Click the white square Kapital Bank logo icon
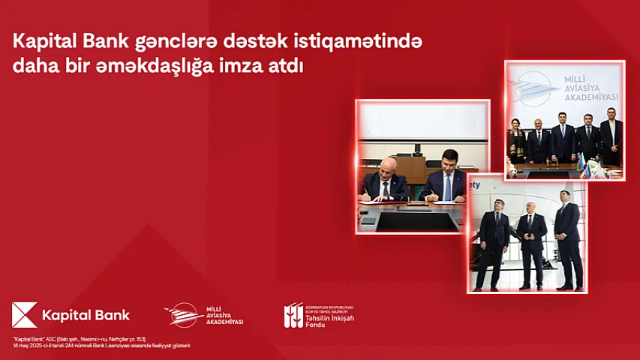point(25,315)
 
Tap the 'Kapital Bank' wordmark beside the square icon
point(86,316)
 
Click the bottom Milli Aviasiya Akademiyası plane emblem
point(182,314)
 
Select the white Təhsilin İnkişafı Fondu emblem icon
point(293,315)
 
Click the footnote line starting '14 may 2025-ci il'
point(101,345)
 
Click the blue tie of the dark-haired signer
point(447,188)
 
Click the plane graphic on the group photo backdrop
point(535,86)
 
